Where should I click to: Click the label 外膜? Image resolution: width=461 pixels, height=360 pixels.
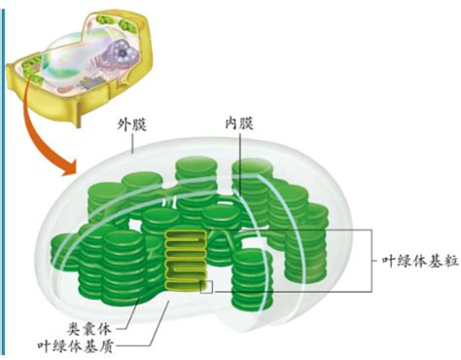coord(132,125)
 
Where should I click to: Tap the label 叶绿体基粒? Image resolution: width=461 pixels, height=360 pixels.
coord(413,262)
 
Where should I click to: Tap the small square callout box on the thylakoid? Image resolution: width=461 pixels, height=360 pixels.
coord(206,286)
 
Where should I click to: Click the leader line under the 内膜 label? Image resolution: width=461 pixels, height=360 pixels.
coord(236,156)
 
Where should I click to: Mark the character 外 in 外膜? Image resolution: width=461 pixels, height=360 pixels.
coord(124,125)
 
